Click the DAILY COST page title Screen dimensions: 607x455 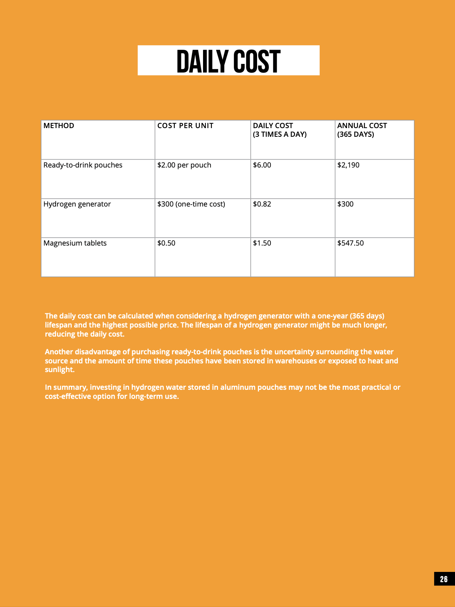pos(228,61)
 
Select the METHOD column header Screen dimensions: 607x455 pos(59,126)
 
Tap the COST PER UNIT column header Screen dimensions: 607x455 pos(185,126)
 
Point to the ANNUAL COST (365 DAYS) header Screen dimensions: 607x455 pos(362,130)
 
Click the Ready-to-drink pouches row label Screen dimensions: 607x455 pos(83,165)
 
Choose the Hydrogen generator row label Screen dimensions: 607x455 pos(77,204)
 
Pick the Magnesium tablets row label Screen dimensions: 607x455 pos(75,243)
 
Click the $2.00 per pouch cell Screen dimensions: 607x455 pos(184,165)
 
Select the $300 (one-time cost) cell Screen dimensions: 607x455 pos(191,204)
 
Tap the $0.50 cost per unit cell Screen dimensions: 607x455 pos(166,243)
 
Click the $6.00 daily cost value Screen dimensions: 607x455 pos(262,165)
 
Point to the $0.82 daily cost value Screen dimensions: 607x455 pos(262,204)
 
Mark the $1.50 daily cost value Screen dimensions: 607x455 pos(262,243)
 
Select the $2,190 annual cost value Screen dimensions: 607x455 pos(348,165)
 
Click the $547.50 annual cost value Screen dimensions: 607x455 pos(351,243)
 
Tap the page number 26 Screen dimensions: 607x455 pos(444,579)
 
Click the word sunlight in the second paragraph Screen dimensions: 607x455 pos(59,370)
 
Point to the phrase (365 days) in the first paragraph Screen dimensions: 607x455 pos(367,316)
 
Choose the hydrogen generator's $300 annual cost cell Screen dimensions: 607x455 pos(345,204)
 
